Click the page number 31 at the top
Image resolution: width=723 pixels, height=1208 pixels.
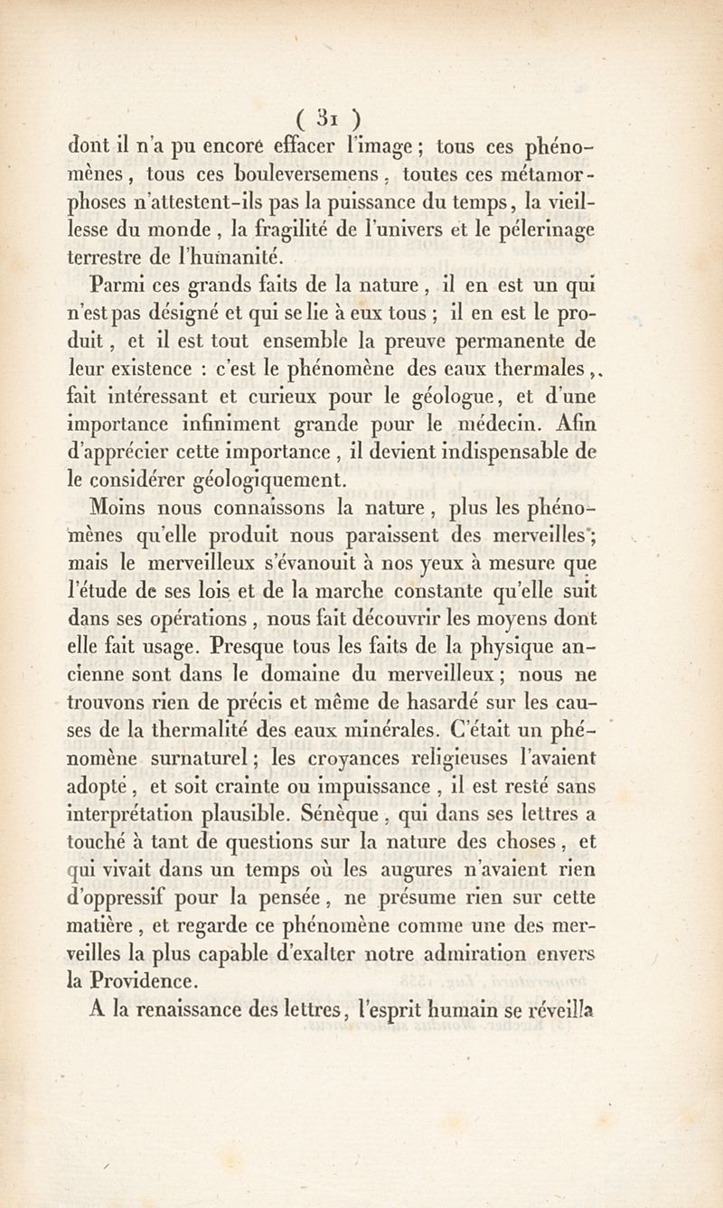click(331, 118)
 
